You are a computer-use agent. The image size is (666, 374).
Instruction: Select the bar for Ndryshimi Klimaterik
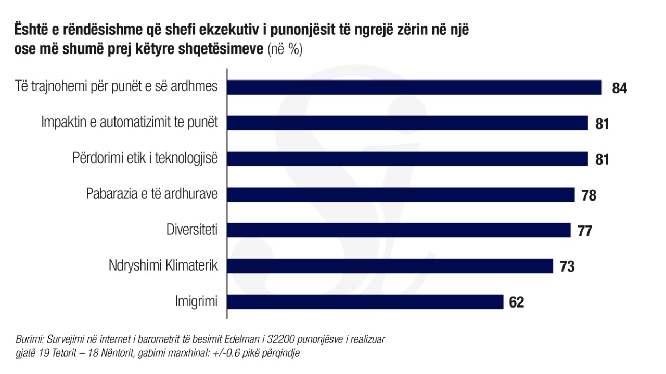point(390,266)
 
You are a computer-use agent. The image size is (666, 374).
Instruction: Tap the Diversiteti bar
point(399,230)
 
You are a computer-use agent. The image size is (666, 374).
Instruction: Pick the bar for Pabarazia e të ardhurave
point(401,195)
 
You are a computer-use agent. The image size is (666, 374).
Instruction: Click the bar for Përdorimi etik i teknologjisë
point(408,159)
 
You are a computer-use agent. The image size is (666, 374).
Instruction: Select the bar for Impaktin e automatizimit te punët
point(408,123)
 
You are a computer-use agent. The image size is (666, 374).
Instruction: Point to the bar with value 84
point(415,87)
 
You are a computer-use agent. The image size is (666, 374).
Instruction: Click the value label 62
point(517,302)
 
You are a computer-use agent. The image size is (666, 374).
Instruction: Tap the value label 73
point(567,267)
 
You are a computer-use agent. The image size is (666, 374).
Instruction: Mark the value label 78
point(588,195)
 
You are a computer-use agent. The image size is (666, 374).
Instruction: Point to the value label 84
point(619,88)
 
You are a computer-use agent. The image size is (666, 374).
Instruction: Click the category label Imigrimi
point(196,302)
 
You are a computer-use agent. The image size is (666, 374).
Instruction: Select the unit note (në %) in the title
point(285,50)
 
